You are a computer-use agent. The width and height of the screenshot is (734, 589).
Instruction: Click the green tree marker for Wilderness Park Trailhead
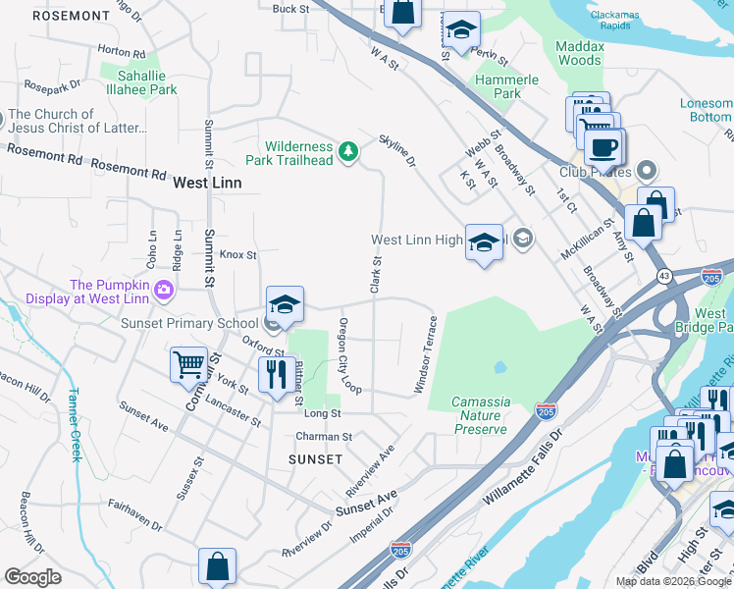click(346, 150)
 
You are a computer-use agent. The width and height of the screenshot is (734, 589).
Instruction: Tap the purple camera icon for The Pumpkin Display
click(163, 290)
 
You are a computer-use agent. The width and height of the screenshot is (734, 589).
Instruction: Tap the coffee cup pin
click(603, 147)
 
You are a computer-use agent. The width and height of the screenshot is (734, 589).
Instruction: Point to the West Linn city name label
click(206, 183)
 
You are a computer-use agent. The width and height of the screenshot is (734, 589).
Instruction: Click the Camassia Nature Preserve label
click(480, 415)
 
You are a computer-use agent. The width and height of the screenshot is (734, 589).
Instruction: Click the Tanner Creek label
click(73, 425)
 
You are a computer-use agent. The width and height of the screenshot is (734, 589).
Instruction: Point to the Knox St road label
click(237, 254)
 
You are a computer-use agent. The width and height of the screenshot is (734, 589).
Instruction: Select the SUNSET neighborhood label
click(315, 459)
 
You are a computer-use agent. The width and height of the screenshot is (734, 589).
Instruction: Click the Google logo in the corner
click(32, 577)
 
